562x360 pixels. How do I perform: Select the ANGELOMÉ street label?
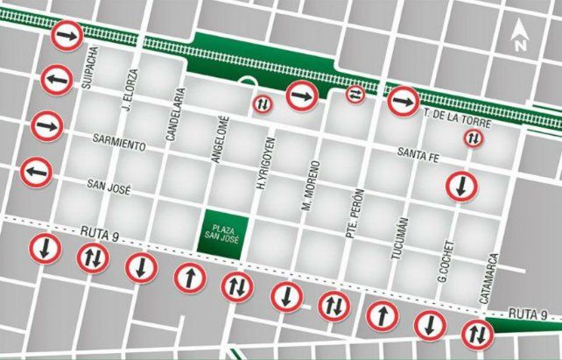click(x=222, y=138)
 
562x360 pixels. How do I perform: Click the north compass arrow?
click(x=520, y=36)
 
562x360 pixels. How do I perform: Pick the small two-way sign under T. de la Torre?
click(x=473, y=138)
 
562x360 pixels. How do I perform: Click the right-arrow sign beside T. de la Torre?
click(x=403, y=102)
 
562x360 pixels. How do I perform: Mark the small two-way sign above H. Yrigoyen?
click(x=263, y=104)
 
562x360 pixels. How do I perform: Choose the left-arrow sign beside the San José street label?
click(x=36, y=171)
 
